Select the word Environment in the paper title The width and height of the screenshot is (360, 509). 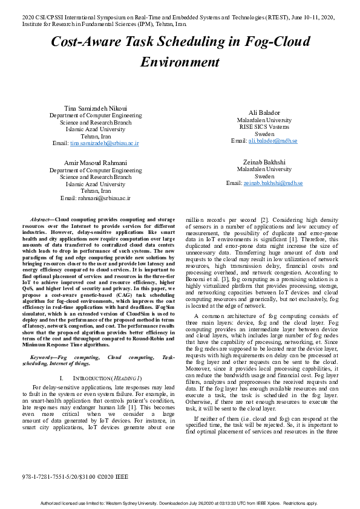point(180,62)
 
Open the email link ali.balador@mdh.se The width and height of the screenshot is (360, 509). point(273,141)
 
